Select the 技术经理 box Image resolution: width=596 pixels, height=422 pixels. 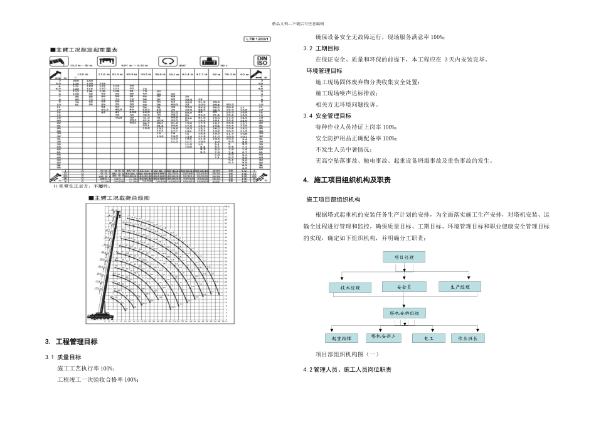(x=350, y=288)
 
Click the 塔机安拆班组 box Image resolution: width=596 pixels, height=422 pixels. (x=404, y=313)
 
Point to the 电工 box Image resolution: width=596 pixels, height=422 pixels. (x=428, y=338)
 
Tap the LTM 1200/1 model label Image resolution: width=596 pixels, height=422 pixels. (x=257, y=40)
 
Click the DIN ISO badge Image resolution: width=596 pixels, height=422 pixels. (x=262, y=61)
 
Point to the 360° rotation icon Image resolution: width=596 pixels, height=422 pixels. (x=168, y=62)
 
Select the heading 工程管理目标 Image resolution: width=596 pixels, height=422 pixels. (x=76, y=342)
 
